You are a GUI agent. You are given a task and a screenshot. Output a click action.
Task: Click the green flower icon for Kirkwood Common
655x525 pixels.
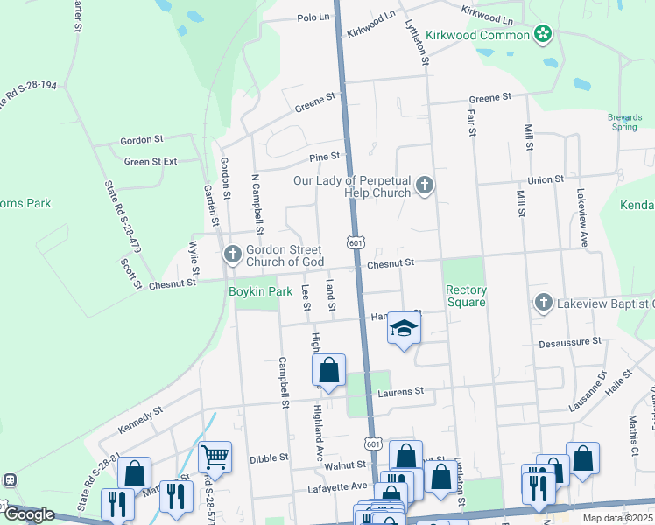click(543, 35)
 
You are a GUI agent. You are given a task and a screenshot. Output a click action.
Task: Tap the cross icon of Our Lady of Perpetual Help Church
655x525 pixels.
click(425, 185)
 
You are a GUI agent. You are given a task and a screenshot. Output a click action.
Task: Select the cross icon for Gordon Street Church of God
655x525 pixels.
click(232, 255)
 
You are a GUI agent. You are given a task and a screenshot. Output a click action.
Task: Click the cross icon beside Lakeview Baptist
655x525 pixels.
click(543, 303)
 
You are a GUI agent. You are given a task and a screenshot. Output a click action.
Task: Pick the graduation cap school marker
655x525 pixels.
click(404, 328)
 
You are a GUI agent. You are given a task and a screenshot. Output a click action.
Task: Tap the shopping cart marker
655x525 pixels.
click(215, 457)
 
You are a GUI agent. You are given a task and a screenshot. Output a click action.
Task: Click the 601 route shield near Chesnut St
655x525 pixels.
click(355, 242)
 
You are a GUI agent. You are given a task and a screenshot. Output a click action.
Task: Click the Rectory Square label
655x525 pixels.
click(465, 296)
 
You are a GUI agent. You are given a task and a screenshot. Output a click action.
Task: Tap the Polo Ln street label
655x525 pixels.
click(313, 17)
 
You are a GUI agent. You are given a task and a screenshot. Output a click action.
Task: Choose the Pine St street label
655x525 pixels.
click(325, 157)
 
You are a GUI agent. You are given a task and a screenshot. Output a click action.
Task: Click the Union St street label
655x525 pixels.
click(546, 179)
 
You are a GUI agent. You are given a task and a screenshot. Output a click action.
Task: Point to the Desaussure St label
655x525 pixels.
click(570, 341)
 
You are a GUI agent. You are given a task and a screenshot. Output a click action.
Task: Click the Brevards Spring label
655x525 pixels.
click(623, 122)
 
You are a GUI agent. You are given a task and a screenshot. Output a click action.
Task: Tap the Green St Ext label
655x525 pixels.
click(151, 161)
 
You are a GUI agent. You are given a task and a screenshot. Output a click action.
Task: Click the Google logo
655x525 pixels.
click(29, 514)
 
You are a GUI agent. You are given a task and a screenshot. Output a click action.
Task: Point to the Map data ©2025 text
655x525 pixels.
click(617, 518)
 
